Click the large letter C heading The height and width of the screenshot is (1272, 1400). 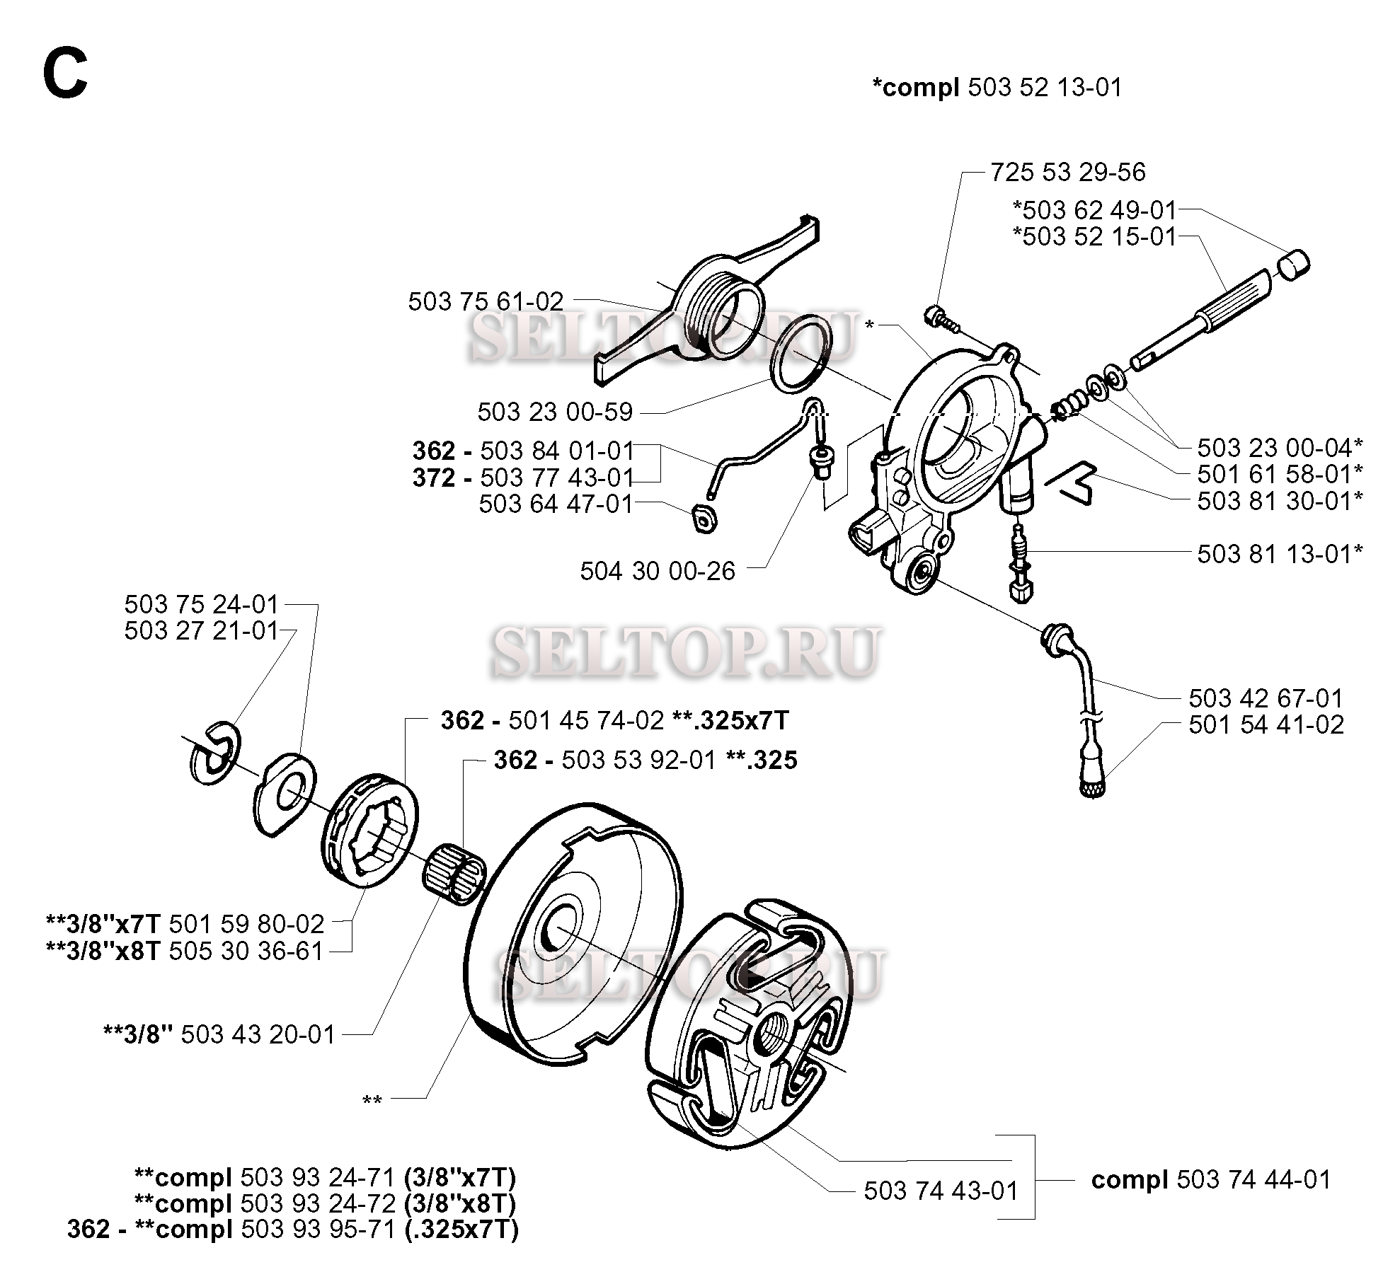tap(65, 76)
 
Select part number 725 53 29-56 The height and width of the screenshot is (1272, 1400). tap(1067, 172)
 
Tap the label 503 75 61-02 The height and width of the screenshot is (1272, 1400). tap(486, 301)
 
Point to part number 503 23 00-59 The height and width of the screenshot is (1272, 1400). tap(555, 412)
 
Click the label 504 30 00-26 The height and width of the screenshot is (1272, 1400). tap(658, 571)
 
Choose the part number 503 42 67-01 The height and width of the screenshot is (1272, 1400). tap(1266, 698)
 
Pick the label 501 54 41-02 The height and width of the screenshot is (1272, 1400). tap(1266, 724)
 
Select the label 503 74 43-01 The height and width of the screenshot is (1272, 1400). tap(941, 1191)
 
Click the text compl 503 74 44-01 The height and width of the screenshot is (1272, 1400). tap(1211, 1179)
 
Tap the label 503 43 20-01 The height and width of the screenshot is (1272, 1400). tap(258, 1034)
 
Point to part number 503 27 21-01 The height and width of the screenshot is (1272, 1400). tap(202, 630)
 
